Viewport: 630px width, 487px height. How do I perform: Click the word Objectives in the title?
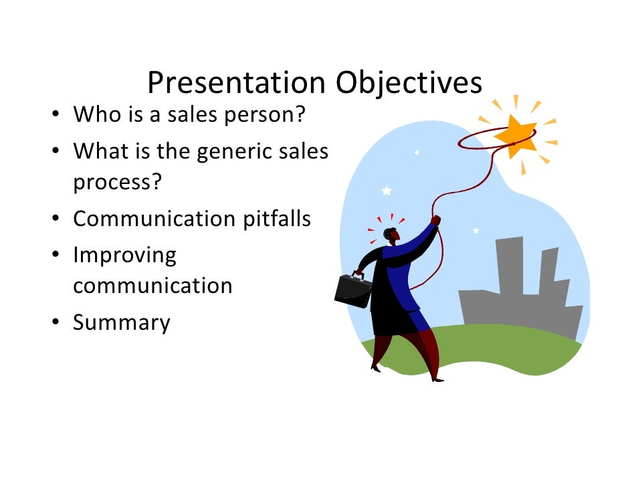pos(408,84)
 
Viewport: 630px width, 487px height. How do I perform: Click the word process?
pos(118,183)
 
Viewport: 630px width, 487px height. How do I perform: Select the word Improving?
pos(124,256)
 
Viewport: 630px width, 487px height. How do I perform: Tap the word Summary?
pos(122,323)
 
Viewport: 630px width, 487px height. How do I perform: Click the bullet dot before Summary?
pos(58,324)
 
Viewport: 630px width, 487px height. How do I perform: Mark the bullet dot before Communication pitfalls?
pos(58,219)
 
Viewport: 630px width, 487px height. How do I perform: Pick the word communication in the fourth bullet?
pos(152,286)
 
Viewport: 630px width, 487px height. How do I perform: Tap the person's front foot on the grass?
pos(437,378)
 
